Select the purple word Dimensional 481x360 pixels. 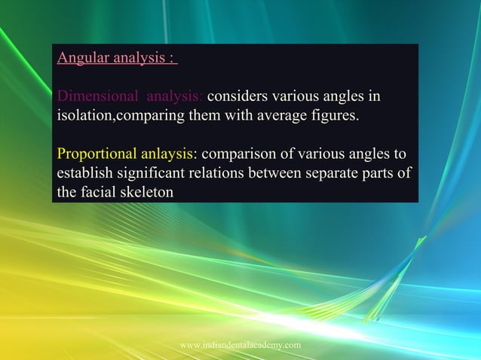(98, 97)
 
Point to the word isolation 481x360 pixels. (84, 117)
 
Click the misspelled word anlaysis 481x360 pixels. (165, 155)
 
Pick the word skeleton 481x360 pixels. (145, 193)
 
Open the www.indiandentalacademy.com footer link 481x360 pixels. (240, 344)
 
